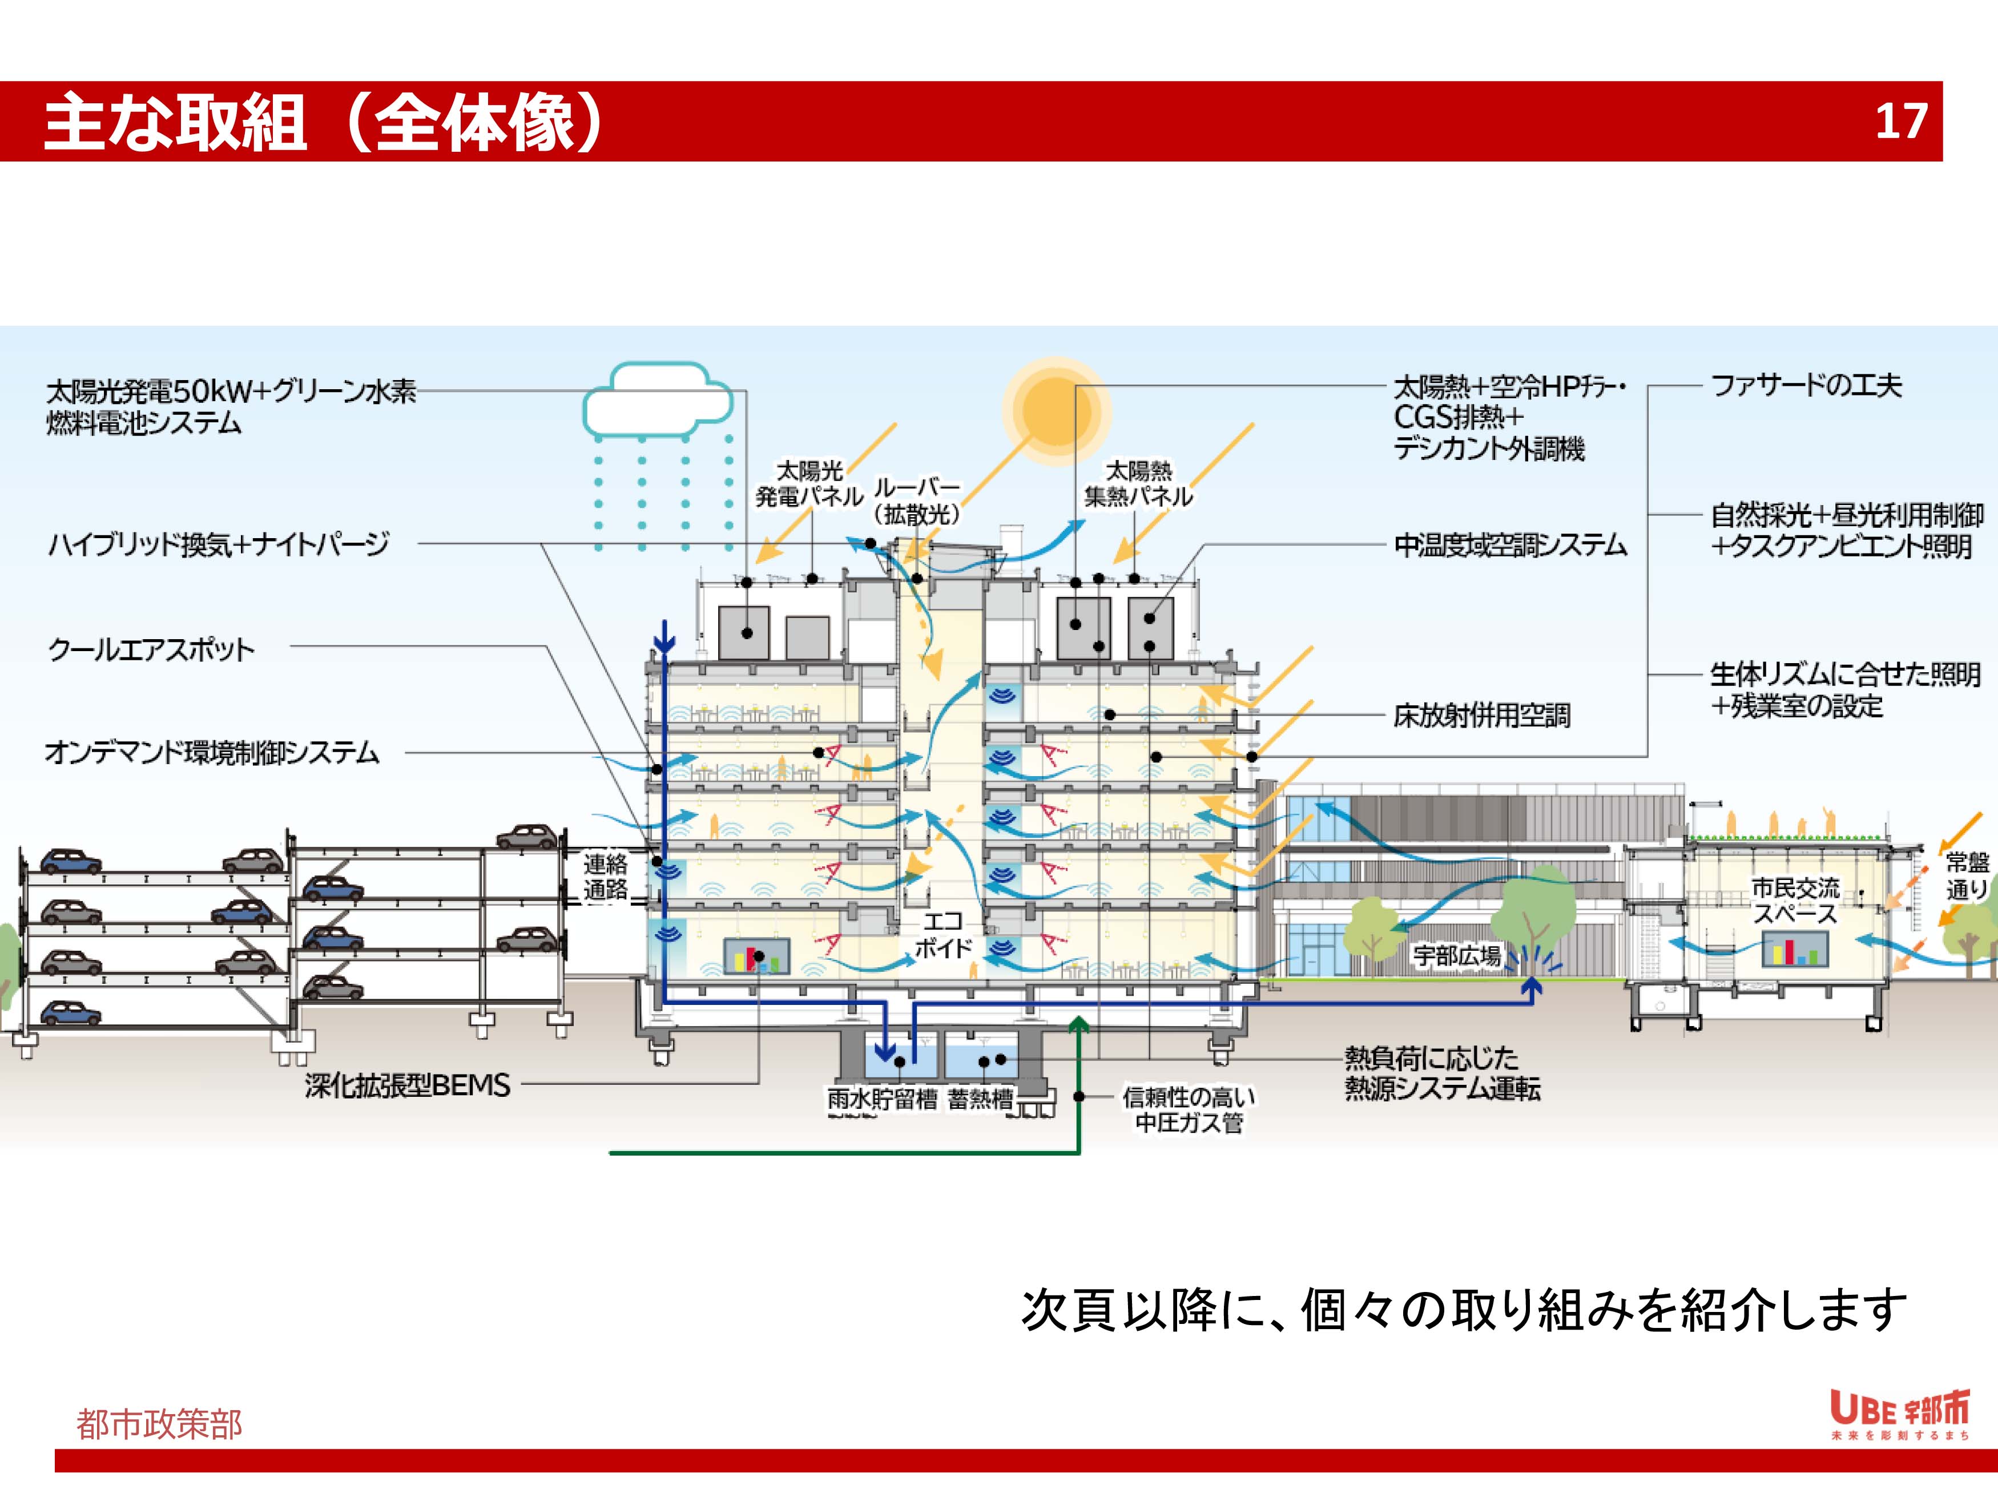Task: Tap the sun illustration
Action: click(x=1055, y=411)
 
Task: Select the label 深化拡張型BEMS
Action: click(x=408, y=1085)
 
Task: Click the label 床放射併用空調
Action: click(x=1481, y=715)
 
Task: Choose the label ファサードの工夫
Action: click(x=1807, y=386)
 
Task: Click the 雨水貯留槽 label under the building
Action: click(x=881, y=1099)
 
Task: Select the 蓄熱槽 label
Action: click(x=980, y=1099)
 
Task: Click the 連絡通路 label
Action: click(x=605, y=877)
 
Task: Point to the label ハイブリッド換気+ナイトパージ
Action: click(x=219, y=544)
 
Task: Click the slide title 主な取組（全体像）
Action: click(x=323, y=122)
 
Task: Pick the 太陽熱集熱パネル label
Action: click(x=1138, y=484)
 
